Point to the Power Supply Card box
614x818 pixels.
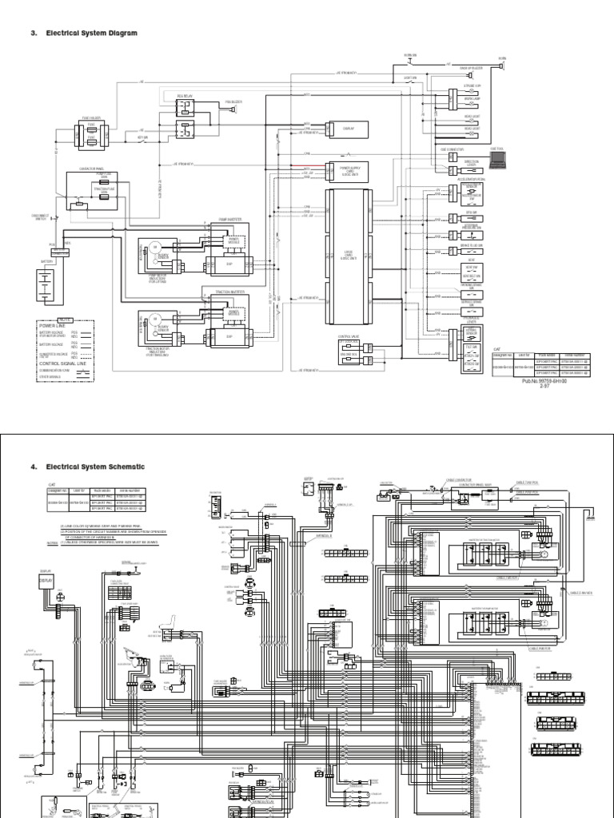(x=349, y=170)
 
